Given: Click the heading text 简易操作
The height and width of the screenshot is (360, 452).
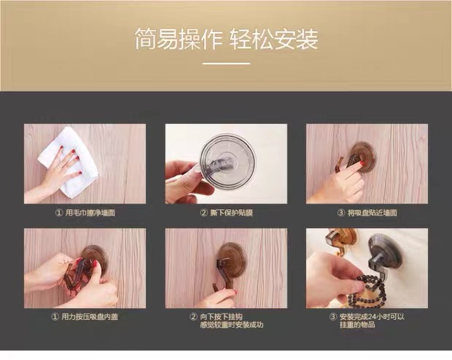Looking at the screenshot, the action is (179, 39).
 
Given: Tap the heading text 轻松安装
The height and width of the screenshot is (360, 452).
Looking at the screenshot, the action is (274, 39).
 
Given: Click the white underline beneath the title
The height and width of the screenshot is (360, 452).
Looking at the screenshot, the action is (226, 63).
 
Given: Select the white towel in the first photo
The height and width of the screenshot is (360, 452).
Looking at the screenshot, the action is (68, 161).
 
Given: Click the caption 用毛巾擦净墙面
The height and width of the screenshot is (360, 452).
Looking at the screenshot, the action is (90, 213).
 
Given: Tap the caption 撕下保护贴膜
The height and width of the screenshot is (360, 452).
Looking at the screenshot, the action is (232, 213).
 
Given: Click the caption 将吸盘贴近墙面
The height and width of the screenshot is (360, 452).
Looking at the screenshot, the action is (373, 213).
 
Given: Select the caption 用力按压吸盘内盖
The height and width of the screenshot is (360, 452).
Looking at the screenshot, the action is (90, 317).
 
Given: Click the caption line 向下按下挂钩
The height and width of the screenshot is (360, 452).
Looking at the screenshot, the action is (222, 317).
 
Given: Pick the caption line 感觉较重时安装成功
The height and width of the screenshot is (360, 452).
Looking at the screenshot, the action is (232, 325).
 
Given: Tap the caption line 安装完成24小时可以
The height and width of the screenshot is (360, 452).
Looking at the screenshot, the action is (372, 317).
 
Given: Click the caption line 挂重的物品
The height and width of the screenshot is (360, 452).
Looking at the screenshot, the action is (357, 325).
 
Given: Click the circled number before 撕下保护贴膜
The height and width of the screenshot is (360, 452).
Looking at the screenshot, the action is (204, 213).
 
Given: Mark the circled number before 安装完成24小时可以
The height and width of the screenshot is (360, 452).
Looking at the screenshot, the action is (333, 317).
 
